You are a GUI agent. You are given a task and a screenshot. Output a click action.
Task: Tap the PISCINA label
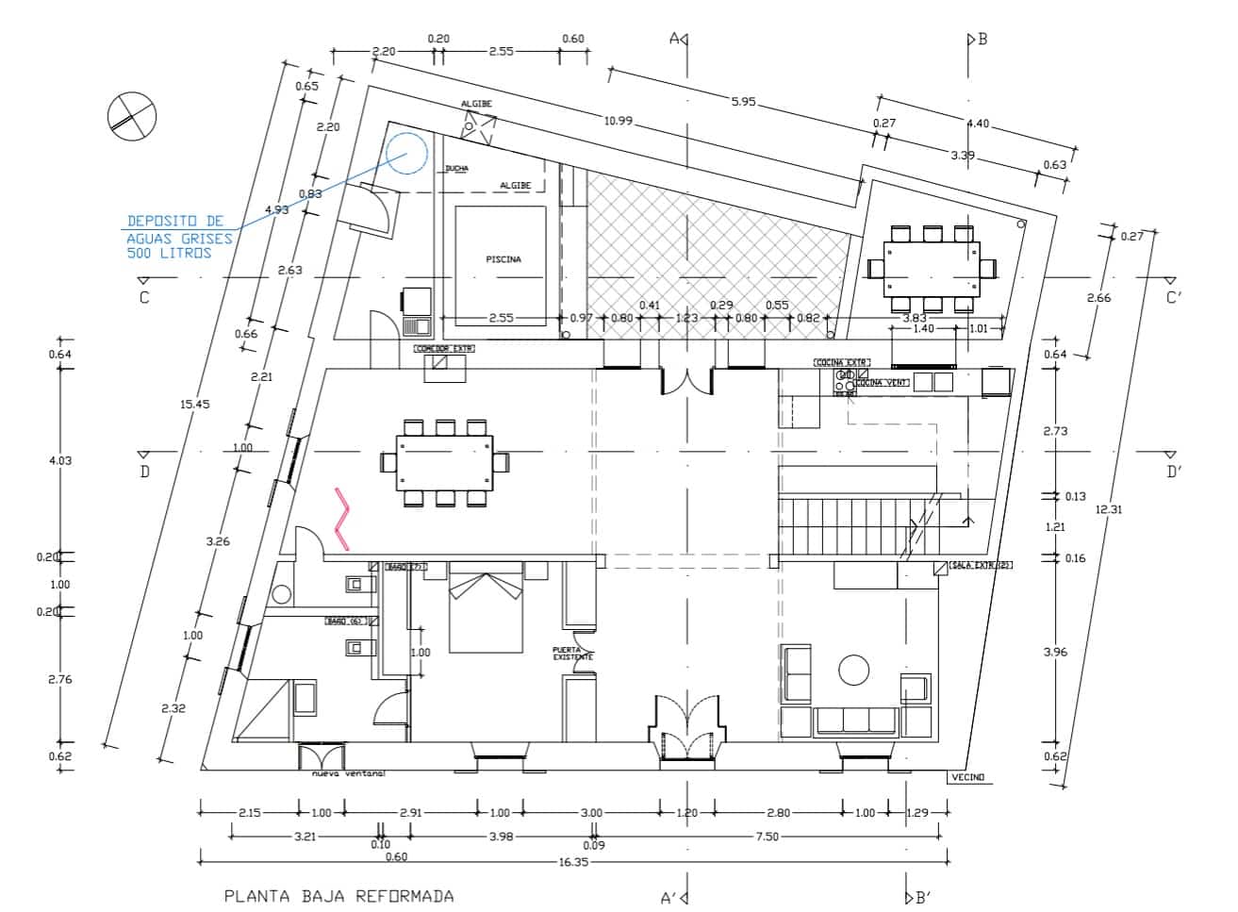coord(503,259)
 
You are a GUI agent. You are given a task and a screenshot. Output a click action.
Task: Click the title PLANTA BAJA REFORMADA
coord(339,896)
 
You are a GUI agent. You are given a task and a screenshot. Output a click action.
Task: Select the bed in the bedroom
coord(486,608)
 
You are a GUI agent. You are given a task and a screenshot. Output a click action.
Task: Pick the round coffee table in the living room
coord(854,671)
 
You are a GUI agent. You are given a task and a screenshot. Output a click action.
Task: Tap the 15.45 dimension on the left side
coord(195,404)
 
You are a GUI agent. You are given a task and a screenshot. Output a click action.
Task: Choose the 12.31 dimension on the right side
coord(1109,509)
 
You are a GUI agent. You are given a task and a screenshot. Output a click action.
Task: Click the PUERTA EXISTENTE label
coord(572,653)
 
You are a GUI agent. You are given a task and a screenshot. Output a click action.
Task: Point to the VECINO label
coord(967,777)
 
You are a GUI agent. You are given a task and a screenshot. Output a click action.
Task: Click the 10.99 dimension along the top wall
coord(618,120)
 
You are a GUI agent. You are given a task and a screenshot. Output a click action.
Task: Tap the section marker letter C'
coord(1174,298)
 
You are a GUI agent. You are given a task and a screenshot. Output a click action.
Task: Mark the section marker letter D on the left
coord(144,472)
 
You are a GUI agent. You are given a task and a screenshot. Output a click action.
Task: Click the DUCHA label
coord(456,169)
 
